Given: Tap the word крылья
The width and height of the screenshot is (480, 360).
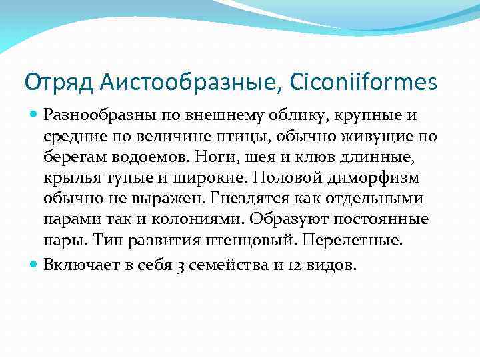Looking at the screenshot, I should coord(67,179).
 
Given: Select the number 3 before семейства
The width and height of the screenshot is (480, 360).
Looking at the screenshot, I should coord(181,265).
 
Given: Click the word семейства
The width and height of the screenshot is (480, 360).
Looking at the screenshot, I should coord(233,265).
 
